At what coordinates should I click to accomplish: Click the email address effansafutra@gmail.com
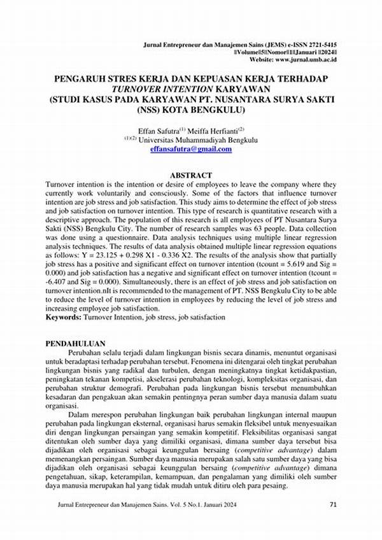pyautogui.click(x=191, y=150)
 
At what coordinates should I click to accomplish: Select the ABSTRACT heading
pyautogui.click(x=191, y=174)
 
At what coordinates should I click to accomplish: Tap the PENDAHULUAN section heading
pyautogui.click(x=75, y=343)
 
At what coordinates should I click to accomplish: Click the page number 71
pyautogui.click(x=332, y=504)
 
